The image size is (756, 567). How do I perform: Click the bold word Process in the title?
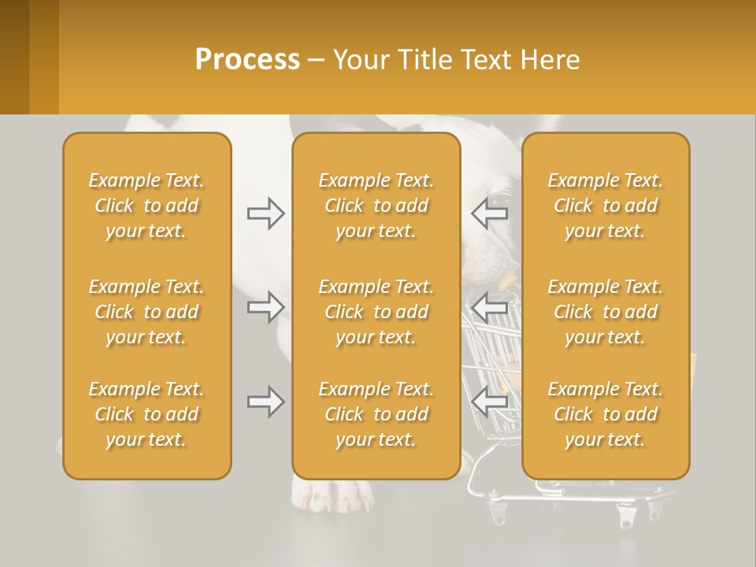click(247, 60)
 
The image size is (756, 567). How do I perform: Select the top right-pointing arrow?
click(265, 213)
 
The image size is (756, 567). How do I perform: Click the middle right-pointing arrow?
click(265, 306)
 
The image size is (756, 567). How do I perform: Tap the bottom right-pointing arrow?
click(265, 402)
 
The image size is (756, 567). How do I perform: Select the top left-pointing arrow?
click(490, 213)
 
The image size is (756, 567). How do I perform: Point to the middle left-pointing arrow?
click(490, 306)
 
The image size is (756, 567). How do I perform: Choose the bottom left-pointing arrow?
click(490, 402)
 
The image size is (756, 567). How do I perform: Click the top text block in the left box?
click(146, 206)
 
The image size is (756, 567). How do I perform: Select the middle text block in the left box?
click(146, 312)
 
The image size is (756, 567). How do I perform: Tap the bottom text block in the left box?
click(146, 414)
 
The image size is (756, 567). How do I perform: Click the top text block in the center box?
click(376, 206)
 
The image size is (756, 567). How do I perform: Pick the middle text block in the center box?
click(376, 312)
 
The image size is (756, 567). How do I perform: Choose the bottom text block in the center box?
click(376, 414)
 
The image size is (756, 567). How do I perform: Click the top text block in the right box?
click(605, 206)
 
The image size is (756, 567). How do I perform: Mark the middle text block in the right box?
click(605, 312)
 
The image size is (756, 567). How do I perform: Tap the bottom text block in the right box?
click(605, 414)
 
